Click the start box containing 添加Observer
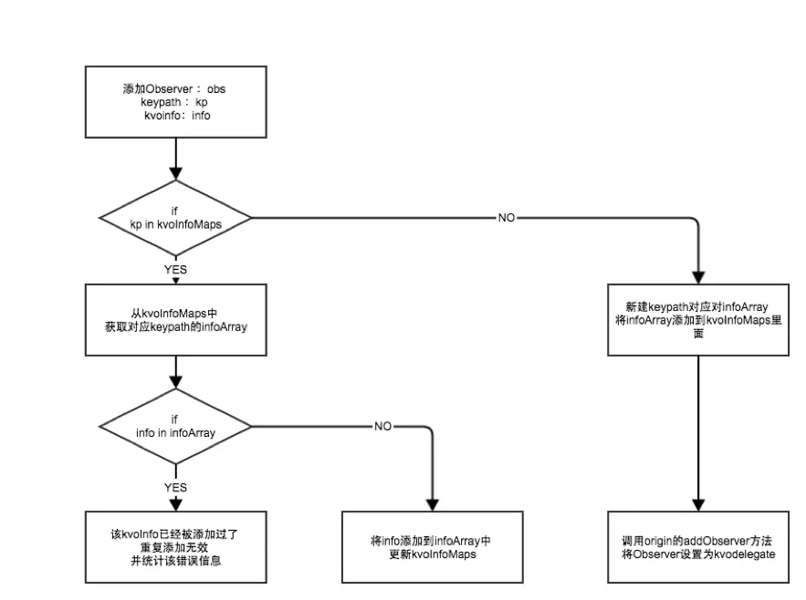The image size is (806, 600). pos(174,103)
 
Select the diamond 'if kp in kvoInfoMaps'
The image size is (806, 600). pos(174,218)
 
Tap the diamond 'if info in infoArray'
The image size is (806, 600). pos(174,426)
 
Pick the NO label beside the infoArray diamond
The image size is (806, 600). pos(383,426)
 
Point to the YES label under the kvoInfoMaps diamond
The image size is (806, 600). pos(174,270)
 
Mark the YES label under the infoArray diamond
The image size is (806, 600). pos(174,487)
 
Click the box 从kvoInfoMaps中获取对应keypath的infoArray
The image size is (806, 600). pos(174,319)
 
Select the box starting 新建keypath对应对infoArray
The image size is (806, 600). pos(698,319)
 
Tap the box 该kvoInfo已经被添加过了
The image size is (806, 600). pos(174,546)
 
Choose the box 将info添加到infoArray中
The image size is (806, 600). pos(432,546)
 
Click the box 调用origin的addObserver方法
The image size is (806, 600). pos(698,546)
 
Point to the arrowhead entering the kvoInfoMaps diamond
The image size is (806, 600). pos(174,175)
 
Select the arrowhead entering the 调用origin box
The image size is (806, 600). pos(698,503)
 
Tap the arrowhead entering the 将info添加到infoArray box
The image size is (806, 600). pos(432,503)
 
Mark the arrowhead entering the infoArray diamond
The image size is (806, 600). pos(174,384)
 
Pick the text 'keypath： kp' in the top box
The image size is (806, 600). pos(173,103)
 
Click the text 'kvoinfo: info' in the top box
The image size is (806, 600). pos(176,116)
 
